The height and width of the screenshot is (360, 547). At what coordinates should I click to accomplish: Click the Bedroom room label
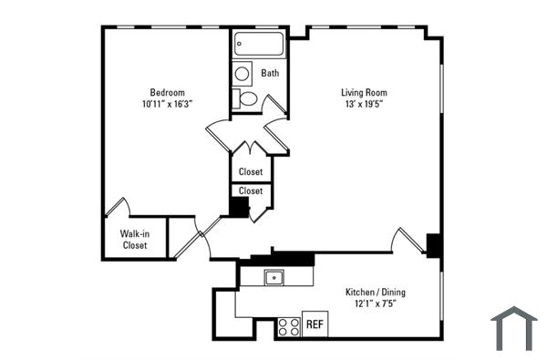click(168, 92)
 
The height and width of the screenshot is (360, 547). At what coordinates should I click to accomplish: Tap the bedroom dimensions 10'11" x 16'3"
click(168, 104)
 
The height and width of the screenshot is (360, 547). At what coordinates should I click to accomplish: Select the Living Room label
click(365, 92)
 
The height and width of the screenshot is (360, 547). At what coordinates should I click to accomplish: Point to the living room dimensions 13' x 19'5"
click(365, 104)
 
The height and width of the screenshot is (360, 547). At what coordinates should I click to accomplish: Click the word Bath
click(270, 73)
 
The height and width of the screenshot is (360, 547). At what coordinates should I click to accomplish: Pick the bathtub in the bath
click(258, 45)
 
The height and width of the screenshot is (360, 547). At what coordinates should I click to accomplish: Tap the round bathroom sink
click(243, 73)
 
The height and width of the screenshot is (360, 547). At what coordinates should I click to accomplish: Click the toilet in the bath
click(244, 98)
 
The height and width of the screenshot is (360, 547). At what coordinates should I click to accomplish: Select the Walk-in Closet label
click(134, 239)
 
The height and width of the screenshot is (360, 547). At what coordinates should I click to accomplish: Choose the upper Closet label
click(251, 171)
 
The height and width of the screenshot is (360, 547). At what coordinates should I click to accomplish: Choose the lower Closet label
click(251, 190)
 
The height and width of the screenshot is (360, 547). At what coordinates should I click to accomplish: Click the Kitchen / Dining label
click(376, 293)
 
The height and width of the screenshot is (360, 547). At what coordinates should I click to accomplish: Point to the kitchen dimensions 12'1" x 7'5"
click(376, 304)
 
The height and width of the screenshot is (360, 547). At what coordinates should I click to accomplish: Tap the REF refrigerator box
click(315, 324)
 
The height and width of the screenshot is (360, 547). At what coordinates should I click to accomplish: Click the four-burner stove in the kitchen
click(289, 326)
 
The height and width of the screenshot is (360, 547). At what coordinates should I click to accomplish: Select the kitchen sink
click(273, 277)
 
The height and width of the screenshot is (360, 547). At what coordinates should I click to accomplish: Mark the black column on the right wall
click(435, 245)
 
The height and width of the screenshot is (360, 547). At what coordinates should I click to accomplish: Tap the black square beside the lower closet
click(239, 207)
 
